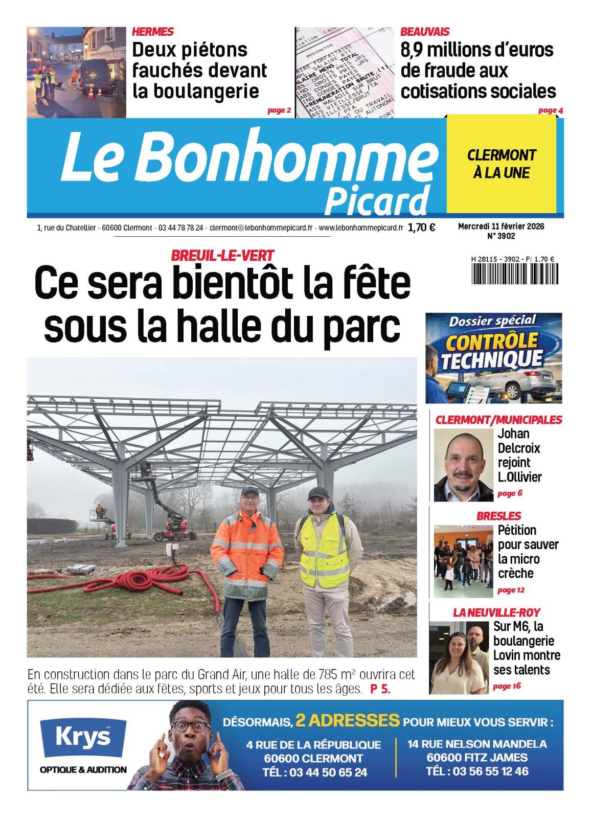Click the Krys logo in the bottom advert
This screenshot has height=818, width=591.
[x=83, y=737]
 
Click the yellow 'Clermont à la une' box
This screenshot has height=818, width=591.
[x=501, y=164]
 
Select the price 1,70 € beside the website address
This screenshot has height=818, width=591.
[x=421, y=228]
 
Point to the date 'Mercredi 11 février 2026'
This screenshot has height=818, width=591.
[x=501, y=226]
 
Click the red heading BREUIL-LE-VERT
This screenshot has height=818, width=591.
[x=222, y=255]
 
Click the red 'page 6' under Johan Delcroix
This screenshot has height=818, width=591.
[x=510, y=493]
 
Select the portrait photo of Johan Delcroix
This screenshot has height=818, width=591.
[x=463, y=465]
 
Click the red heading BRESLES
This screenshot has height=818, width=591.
[x=498, y=516]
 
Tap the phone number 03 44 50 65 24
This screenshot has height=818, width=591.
[x=314, y=772]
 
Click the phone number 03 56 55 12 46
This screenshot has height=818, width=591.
[x=477, y=771]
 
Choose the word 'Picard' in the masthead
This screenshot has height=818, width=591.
[x=377, y=201]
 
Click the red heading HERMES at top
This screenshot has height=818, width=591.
[x=152, y=32]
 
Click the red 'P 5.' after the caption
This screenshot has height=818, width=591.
[x=380, y=689]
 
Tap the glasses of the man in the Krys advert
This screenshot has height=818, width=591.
[x=190, y=726]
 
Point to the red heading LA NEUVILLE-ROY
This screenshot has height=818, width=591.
[x=496, y=612]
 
